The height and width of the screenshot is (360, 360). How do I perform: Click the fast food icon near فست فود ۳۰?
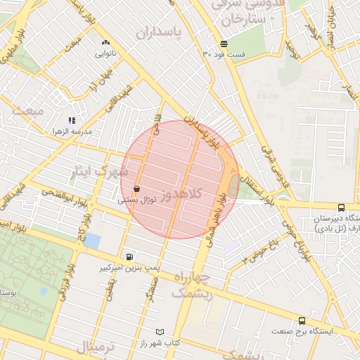tap(224, 43)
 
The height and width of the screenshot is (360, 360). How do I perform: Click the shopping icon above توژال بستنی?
tap(136, 188)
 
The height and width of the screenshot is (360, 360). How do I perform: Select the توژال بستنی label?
tap(130, 200)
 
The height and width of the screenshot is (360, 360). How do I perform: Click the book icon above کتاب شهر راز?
tap(160, 331)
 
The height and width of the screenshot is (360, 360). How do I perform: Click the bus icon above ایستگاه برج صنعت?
tap(302, 320)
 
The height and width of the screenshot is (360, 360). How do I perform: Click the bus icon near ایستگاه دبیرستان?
tap(341, 207)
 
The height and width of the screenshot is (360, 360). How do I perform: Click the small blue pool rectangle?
tap(93, 240)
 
